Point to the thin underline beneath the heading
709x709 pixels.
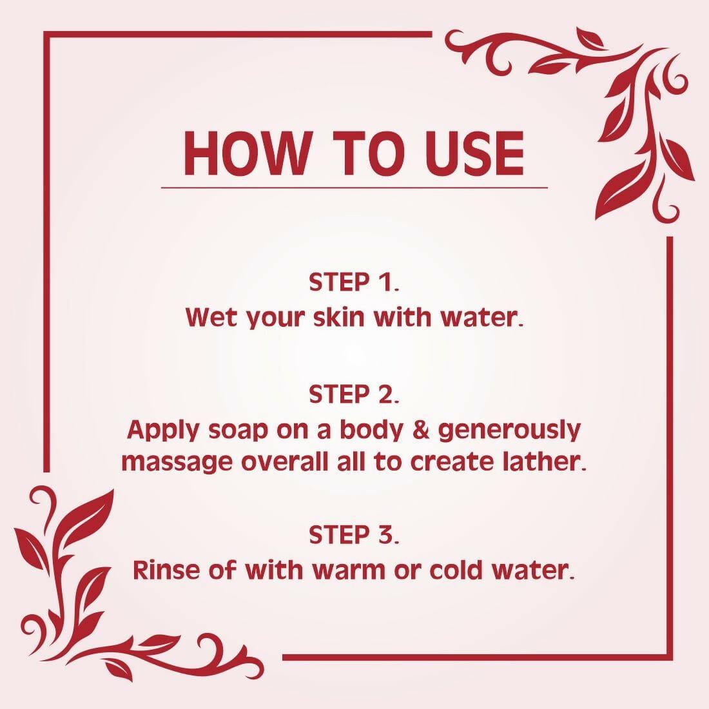click(x=354, y=188)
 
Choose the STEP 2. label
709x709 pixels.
click(x=354, y=394)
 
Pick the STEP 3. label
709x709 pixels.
click(x=354, y=535)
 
